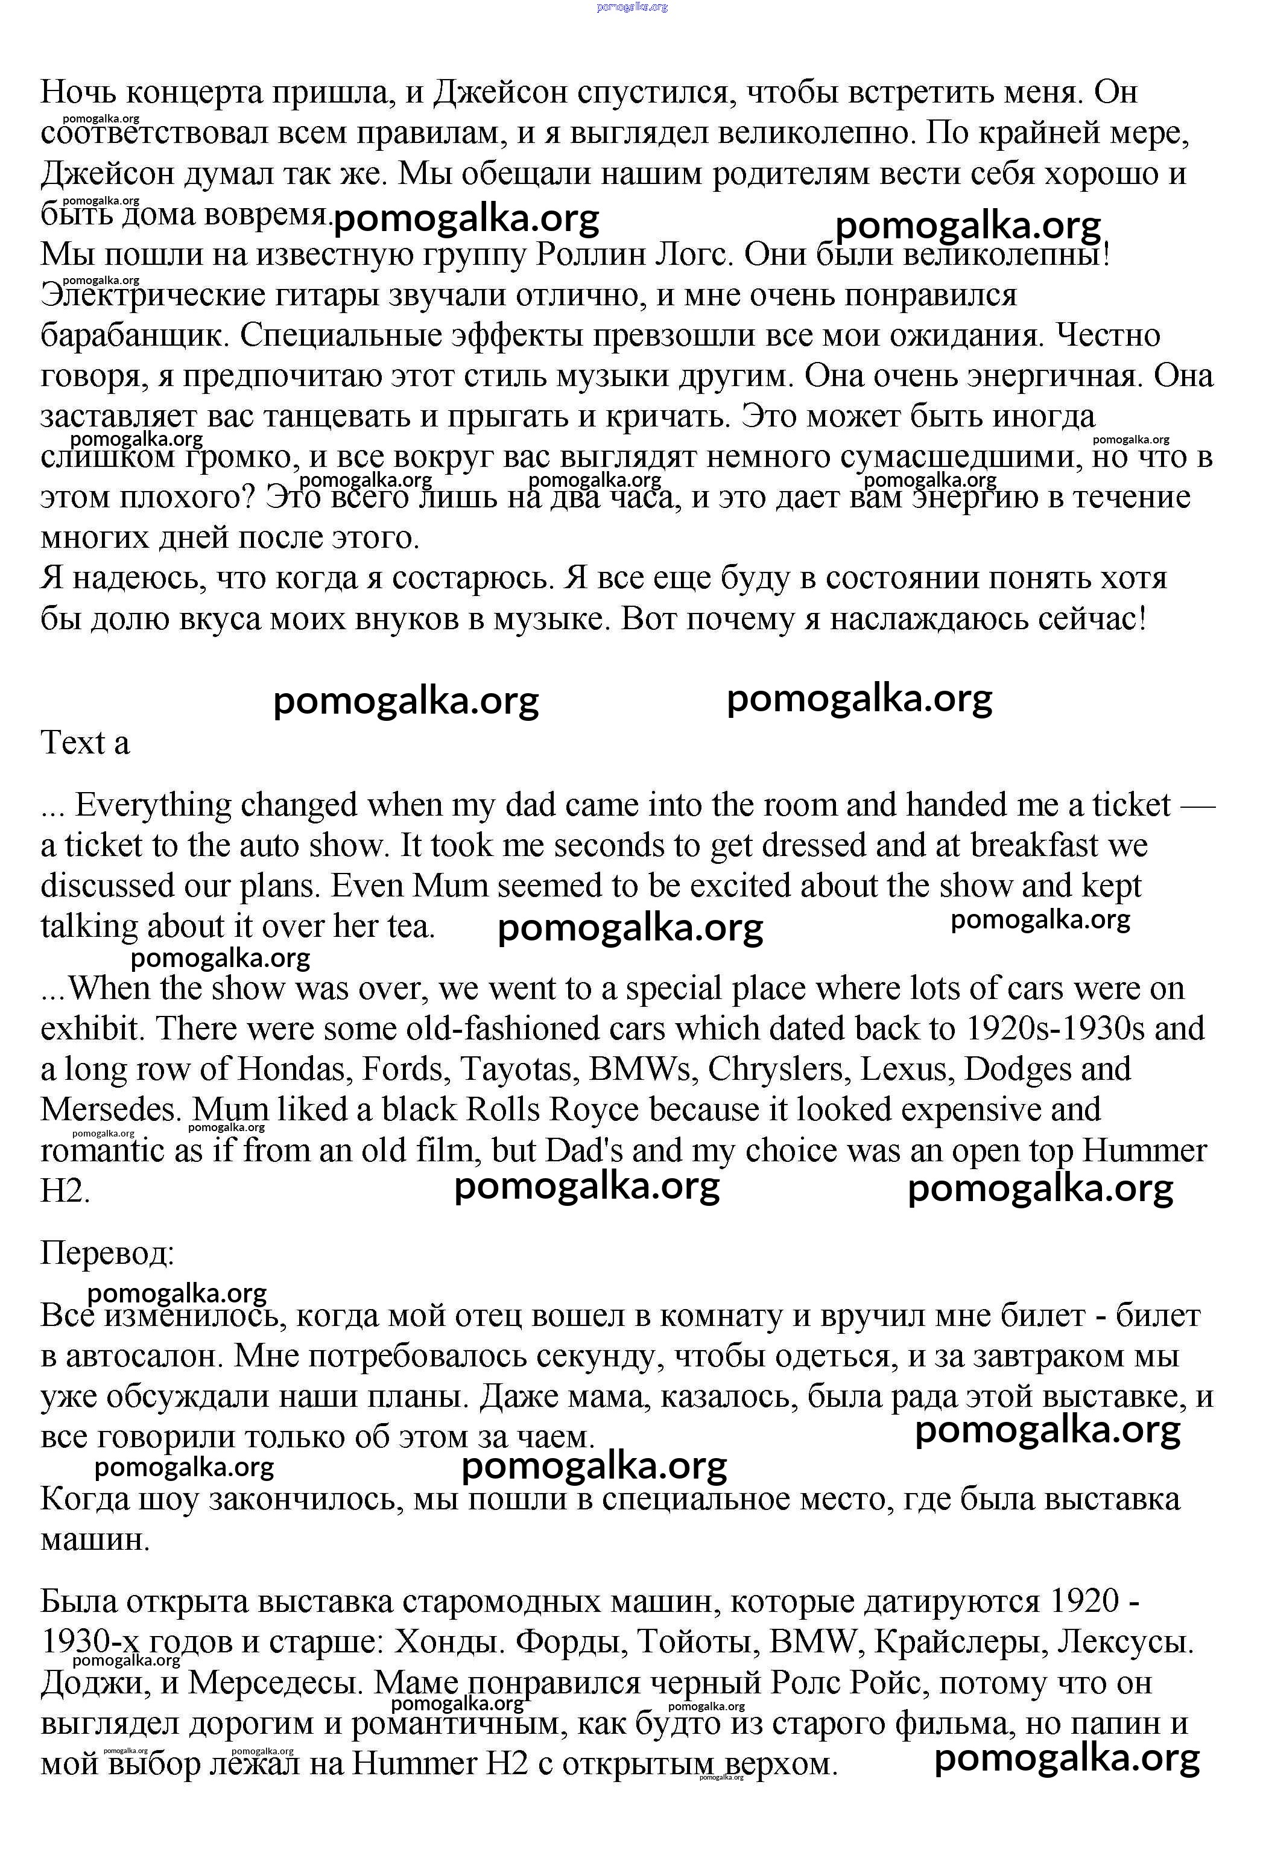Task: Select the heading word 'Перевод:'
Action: coord(107,1253)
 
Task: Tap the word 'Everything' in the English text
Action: coord(152,805)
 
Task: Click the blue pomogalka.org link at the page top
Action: coord(631,7)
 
